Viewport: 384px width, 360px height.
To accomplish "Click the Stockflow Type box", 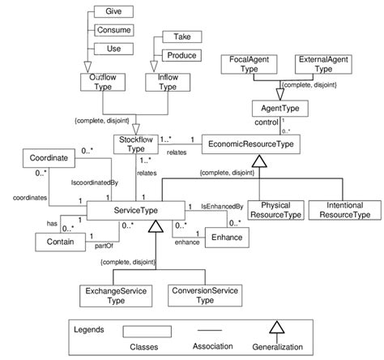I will coord(134,144).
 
